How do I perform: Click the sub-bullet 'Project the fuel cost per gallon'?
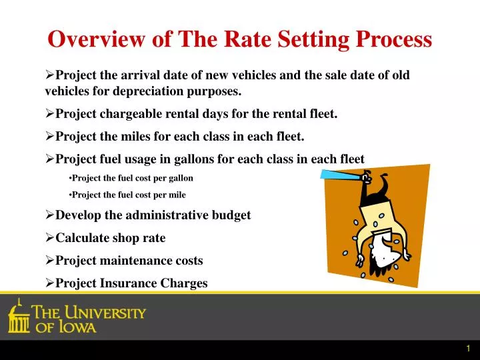click(132, 179)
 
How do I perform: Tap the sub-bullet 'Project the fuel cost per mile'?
click(128, 195)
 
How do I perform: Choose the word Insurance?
click(128, 283)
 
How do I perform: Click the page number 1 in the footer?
click(469, 349)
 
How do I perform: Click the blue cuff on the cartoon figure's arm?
click(340, 175)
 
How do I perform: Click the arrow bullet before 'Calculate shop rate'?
click(50, 237)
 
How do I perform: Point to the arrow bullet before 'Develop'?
click(50, 215)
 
